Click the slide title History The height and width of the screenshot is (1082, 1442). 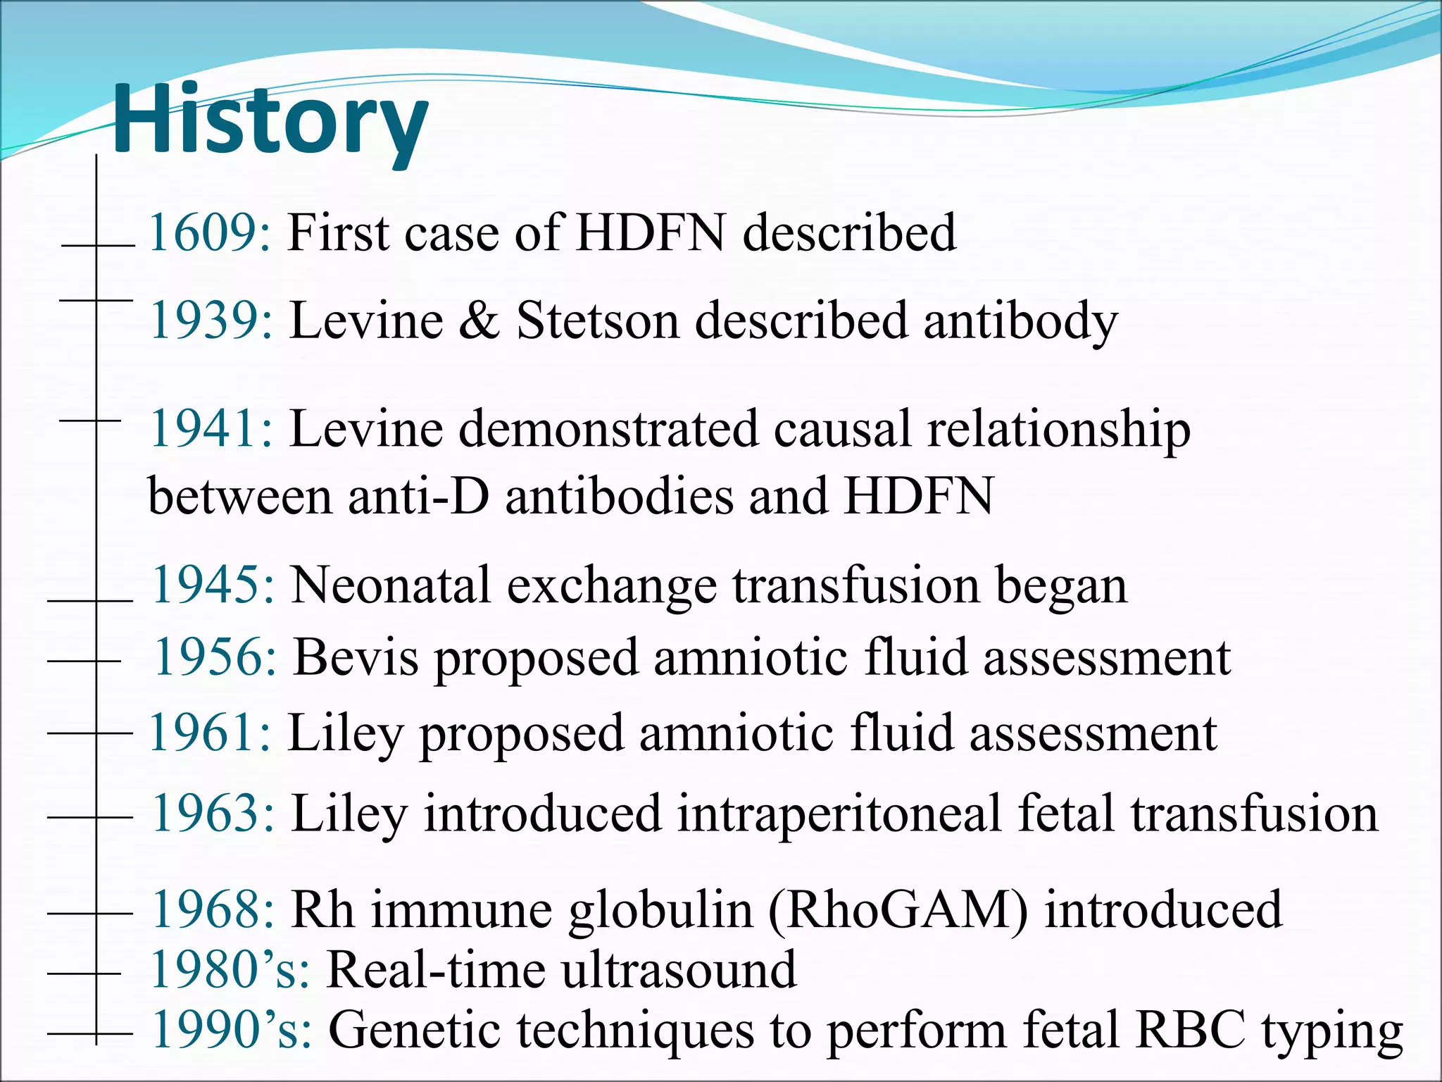[x=270, y=120]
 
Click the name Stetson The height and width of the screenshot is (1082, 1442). [x=598, y=321]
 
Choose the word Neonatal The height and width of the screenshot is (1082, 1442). [x=391, y=585]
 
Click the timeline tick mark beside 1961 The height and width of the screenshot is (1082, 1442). [x=90, y=733]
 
